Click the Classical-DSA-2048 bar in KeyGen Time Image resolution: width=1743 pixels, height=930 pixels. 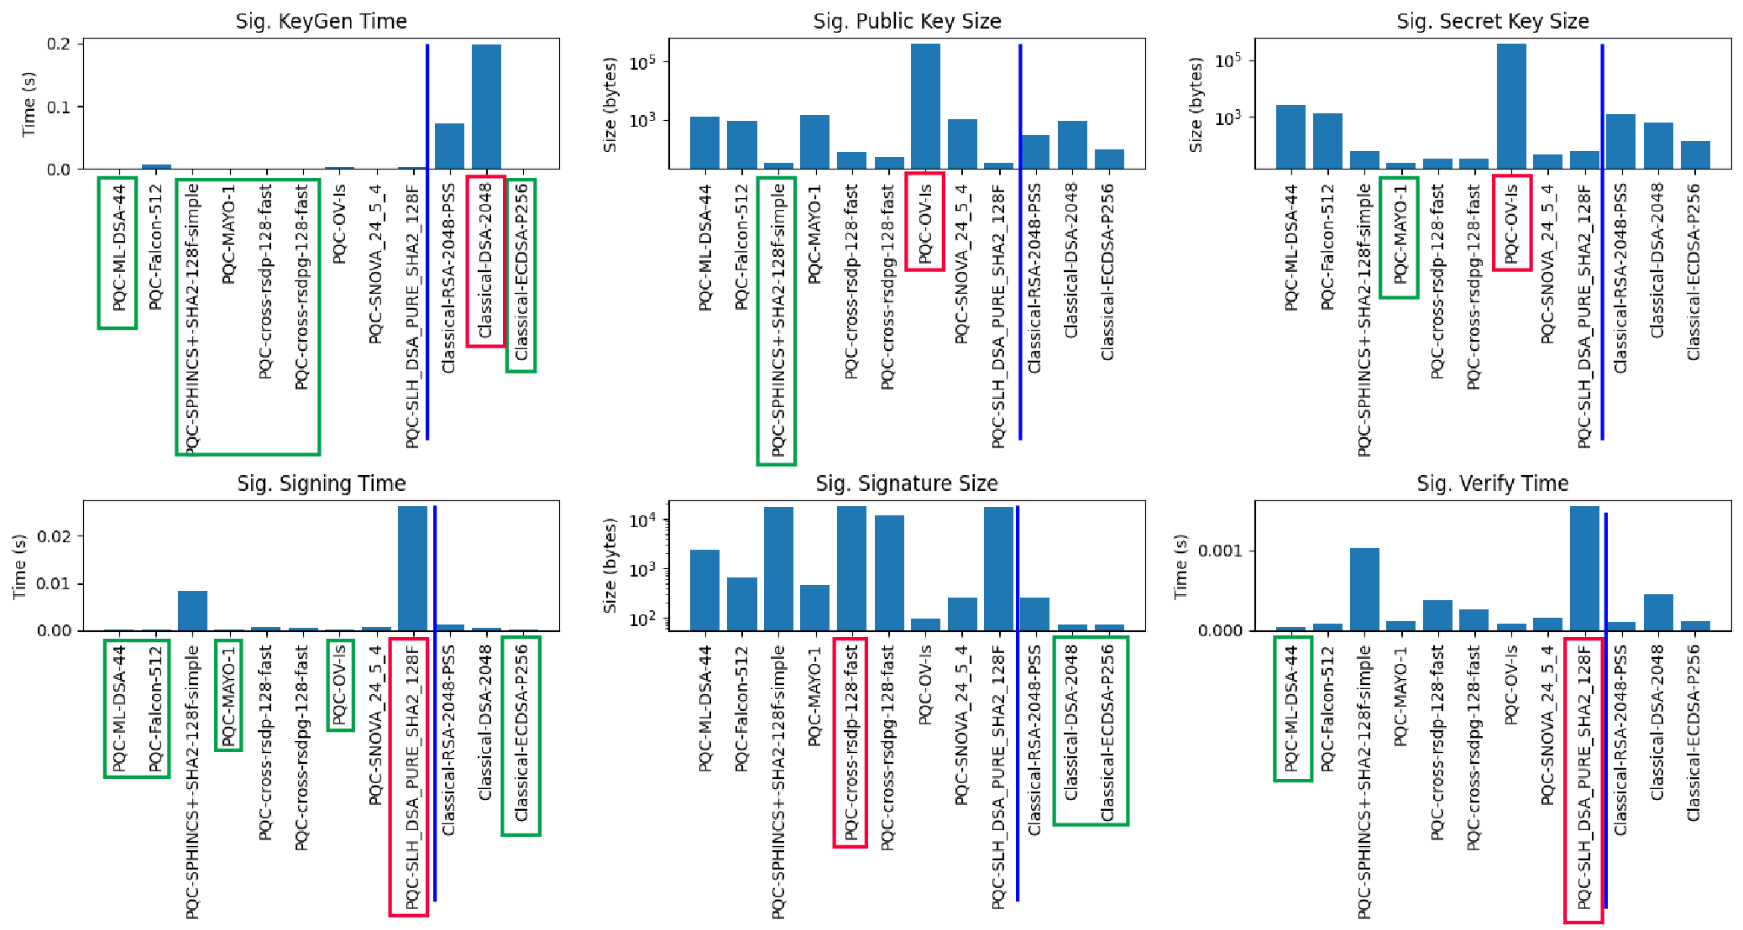[486, 107]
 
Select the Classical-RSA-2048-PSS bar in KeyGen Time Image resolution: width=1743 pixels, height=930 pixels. [449, 146]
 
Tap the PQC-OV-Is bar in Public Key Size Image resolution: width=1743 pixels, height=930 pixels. [925, 107]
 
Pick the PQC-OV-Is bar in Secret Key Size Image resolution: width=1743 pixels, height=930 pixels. [1511, 107]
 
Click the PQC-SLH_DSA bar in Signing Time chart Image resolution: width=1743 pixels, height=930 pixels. [412, 568]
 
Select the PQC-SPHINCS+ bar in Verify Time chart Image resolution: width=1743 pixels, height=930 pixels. [1364, 589]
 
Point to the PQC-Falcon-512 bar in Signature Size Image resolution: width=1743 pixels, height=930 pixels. [741, 603]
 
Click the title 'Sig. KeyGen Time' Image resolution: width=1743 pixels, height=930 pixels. [321, 21]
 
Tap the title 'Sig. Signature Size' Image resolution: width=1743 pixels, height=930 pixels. [906, 483]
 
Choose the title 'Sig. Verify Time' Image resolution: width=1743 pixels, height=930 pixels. [1492, 483]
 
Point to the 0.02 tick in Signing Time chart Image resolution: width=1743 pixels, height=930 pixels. [55, 536]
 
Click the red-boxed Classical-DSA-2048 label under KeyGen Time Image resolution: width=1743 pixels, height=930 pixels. [486, 260]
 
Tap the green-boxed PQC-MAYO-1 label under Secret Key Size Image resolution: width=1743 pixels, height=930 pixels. [1400, 237]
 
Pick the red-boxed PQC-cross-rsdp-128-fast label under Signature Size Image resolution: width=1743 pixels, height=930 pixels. [851, 742]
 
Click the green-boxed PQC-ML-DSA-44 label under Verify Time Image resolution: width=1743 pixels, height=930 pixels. [1292, 708]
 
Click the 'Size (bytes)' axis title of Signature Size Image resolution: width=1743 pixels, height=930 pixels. [610, 565]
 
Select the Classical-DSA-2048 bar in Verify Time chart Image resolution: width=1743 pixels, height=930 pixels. [1657, 612]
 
